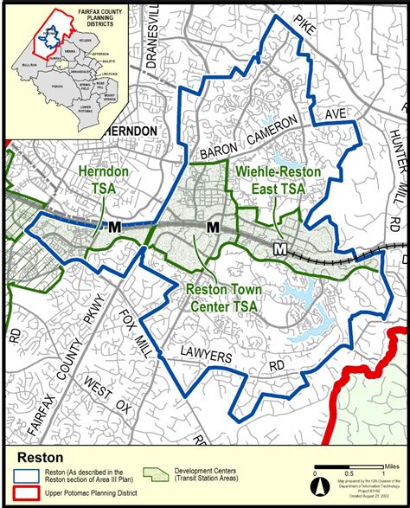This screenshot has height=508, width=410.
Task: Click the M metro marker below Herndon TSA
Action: [115, 227]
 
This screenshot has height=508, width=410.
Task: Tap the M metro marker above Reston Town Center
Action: [213, 227]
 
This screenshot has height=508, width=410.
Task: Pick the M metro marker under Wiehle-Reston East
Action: [279, 249]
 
